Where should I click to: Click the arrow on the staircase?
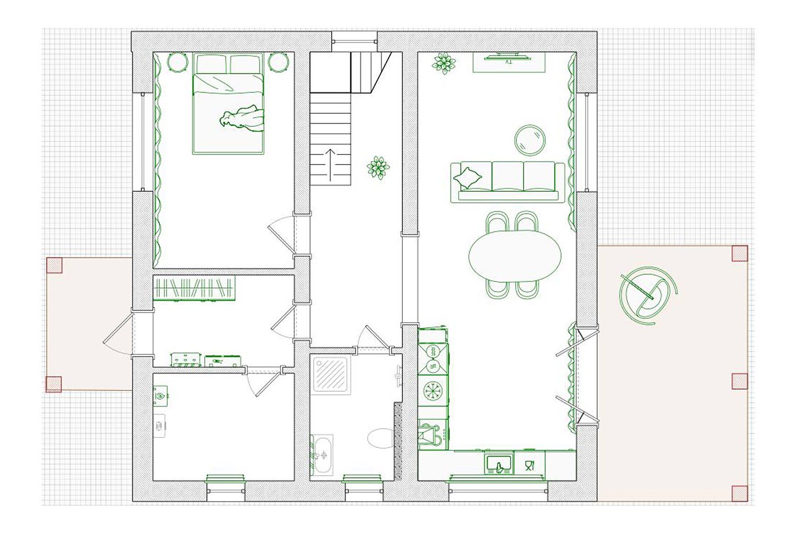330,165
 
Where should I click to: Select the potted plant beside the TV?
444,63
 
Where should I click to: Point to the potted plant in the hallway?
378,167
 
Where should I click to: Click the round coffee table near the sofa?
530,140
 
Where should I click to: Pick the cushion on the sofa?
468,178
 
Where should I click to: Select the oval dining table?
515,256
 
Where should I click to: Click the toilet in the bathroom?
381,437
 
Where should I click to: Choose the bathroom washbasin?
322,455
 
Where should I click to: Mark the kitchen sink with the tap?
499,463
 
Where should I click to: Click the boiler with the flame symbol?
161,396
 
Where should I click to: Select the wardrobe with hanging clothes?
194,288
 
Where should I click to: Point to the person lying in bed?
241,118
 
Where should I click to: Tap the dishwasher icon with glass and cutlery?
530,465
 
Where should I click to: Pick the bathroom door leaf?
377,337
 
